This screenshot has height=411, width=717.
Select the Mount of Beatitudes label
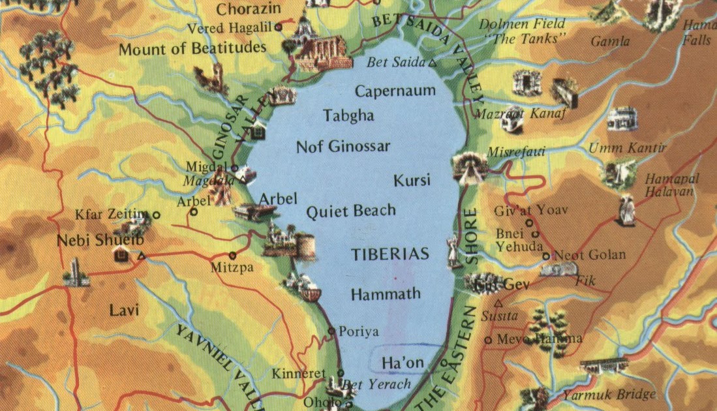pyautogui.click(x=192, y=48)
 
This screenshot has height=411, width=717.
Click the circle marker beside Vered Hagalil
pyautogui.click(x=279, y=27)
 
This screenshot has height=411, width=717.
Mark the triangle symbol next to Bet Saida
pyautogui.click(x=432, y=63)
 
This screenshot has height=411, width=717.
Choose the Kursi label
pyautogui.click(x=412, y=181)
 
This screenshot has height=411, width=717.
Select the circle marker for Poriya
pyautogui.click(x=331, y=331)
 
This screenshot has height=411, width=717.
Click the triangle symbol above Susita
pyautogui.click(x=499, y=303)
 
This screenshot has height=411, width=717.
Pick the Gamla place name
pyautogui.click(x=610, y=42)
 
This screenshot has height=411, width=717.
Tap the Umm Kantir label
pyautogui.click(x=628, y=148)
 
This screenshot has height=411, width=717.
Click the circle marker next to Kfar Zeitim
pyautogui.click(x=157, y=214)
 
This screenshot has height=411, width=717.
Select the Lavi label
pyautogui.click(x=124, y=310)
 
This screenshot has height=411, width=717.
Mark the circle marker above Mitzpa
pyautogui.click(x=232, y=255)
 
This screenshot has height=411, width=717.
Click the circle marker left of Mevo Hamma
pyautogui.click(x=488, y=339)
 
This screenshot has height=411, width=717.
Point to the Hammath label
pyautogui.click(x=386, y=294)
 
